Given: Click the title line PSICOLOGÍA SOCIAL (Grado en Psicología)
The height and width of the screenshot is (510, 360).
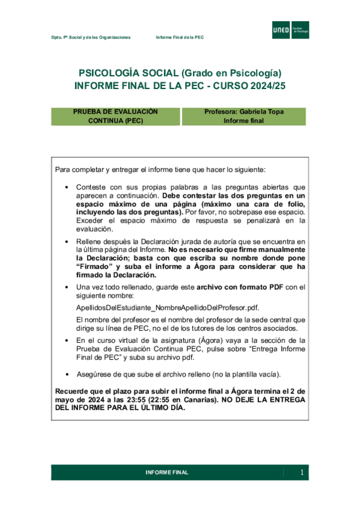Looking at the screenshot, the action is [180, 72].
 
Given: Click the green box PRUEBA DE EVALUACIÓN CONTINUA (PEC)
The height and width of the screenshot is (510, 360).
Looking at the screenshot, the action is [115, 116].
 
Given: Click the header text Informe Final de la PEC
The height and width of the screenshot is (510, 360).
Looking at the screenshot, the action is [180, 37].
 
